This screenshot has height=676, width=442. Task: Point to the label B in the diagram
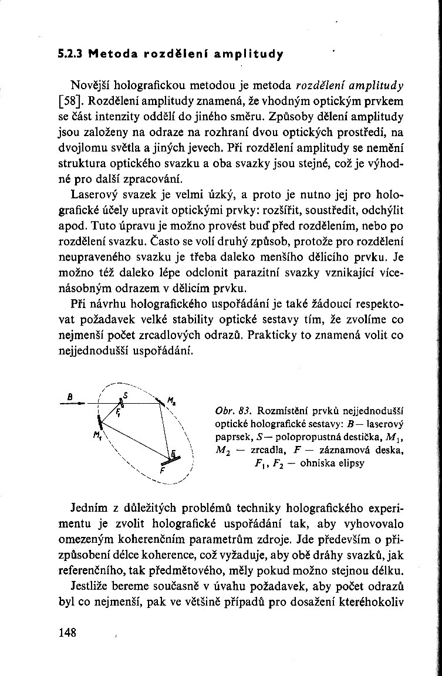pyautogui.click(x=70, y=396)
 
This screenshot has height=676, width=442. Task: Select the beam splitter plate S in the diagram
pyautogui.click(x=122, y=403)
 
